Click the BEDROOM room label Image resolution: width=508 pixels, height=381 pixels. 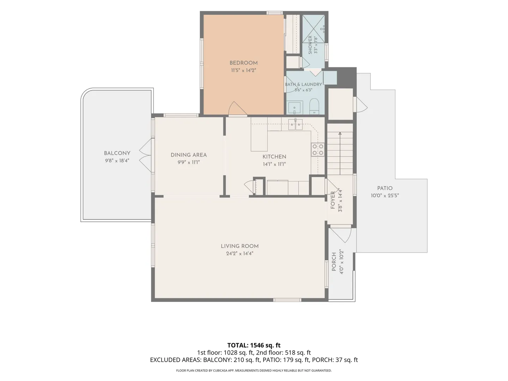pyautogui.click(x=243, y=63)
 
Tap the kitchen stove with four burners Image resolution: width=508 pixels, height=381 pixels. pyautogui.click(x=317, y=150)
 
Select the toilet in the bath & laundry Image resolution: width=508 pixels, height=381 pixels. pyautogui.click(x=314, y=107)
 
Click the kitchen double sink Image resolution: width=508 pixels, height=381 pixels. pyautogui.click(x=295, y=125)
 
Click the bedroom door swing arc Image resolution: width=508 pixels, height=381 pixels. pyautogui.click(x=237, y=109)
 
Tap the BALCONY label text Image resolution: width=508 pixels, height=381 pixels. pyautogui.click(x=117, y=153)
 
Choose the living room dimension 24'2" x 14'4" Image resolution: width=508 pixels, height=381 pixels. pyautogui.click(x=240, y=254)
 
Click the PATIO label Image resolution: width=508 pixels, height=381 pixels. pyautogui.click(x=385, y=188)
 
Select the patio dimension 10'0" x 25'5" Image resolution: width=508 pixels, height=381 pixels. pyautogui.click(x=385, y=195)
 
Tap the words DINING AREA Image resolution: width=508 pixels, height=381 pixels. pyautogui.click(x=189, y=155)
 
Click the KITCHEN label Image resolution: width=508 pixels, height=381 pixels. pyautogui.click(x=274, y=157)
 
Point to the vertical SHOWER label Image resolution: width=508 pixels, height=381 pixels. pyautogui.click(x=310, y=45)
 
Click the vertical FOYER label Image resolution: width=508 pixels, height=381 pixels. pyautogui.click(x=333, y=200)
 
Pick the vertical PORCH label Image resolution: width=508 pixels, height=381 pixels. pyautogui.click(x=334, y=262)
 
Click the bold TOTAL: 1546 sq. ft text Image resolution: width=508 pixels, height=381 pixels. pyautogui.click(x=254, y=345)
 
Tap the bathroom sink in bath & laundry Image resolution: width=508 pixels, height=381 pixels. pyautogui.click(x=294, y=108)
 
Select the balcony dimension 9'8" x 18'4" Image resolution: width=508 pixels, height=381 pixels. pyautogui.click(x=117, y=161)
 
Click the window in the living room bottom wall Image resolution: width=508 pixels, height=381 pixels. pyautogui.click(x=287, y=300)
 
